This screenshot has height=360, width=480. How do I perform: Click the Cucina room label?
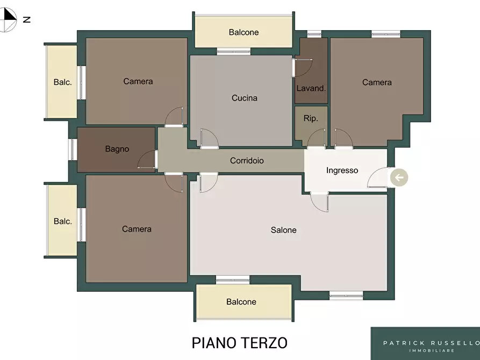(x=244, y=98)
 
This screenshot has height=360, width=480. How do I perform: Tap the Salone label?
(x=283, y=230)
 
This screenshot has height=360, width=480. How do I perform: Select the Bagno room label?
(x=117, y=149)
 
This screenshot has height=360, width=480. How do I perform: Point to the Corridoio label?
(x=247, y=161)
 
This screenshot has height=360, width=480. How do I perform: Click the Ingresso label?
(x=342, y=170)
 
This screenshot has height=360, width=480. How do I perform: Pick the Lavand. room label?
(x=311, y=89)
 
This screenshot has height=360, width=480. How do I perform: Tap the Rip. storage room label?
(x=311, y=118)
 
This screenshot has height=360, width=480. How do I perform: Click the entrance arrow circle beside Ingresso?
(x=399, y=177)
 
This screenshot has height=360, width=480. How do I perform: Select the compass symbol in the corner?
(x=7, y=19)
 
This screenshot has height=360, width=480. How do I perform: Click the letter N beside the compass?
(x=27, y=19)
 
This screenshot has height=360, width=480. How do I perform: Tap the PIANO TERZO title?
(x=239, y=343)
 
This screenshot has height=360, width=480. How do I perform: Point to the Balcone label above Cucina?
(x=243, y=32)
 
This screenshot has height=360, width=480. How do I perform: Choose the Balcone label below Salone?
(x=241, y=302)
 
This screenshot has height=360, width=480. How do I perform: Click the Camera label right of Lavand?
(x=377, y=82)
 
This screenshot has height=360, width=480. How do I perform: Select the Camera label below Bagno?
(x=137, y=229)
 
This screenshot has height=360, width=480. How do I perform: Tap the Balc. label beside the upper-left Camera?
(x=63, y=82)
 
